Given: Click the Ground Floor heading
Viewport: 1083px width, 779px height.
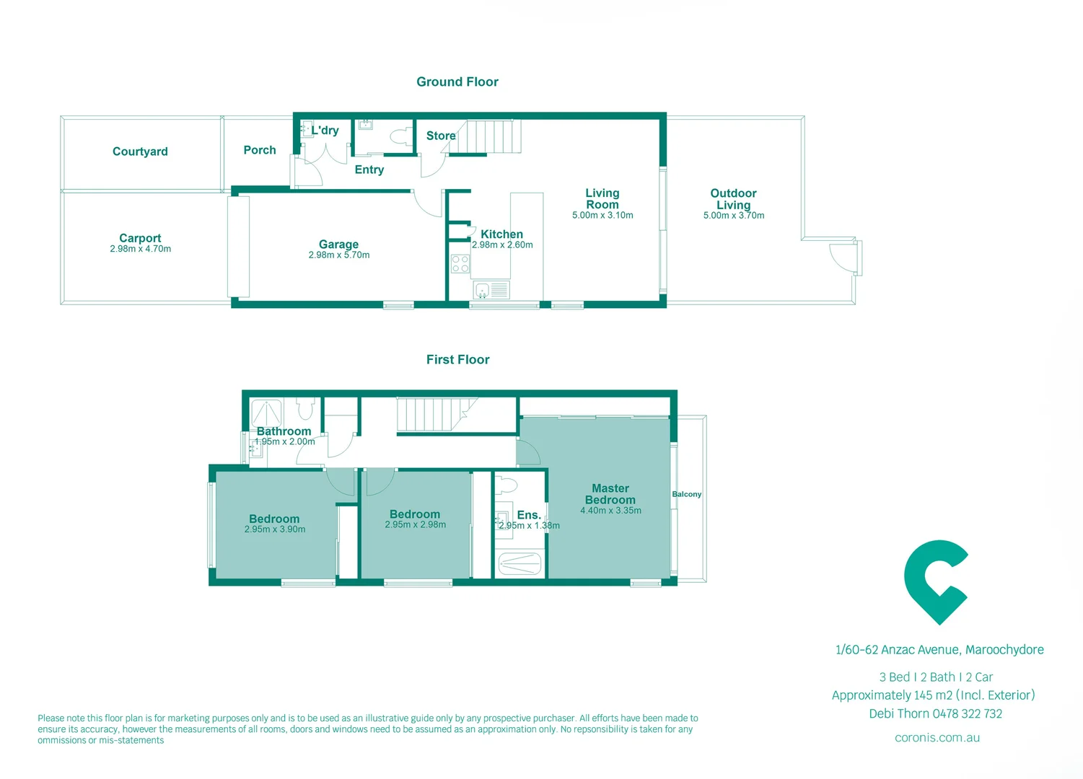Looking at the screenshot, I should tap(457, 82).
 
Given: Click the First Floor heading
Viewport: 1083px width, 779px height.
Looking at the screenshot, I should tap(457, 359).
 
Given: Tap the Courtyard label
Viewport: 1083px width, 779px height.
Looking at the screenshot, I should tap(140, 151).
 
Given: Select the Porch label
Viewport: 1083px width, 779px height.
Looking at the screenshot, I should tap(260, 150).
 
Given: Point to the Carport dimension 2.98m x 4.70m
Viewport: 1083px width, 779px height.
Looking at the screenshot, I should tap(140, 249).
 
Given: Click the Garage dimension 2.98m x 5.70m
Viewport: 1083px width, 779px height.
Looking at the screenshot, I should tap(338, 255).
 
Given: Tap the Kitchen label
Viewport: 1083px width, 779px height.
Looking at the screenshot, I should tap(501, 234).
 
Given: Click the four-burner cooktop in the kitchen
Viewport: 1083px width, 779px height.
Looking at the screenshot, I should tap(460, 264).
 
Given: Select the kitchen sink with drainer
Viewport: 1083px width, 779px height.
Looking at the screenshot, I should tap(491, 290).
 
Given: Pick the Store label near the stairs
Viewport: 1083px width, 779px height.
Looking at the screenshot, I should tap(441, 136).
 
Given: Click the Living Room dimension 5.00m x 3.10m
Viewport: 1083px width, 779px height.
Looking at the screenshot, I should tap(602, 216).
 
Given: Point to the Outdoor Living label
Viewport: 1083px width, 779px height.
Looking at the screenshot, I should tap(733, 199).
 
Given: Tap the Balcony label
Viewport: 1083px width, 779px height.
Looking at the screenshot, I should tap(686, 494).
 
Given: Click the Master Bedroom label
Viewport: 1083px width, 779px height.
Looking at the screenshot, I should tap(610, 494).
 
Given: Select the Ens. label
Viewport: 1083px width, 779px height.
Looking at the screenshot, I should tap(529, 515).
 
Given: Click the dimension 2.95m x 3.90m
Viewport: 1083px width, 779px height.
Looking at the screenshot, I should tap(274, 529).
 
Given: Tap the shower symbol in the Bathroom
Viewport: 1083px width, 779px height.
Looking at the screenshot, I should tap(266, 413).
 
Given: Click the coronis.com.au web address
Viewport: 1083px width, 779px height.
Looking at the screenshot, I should tap(937, 737).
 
